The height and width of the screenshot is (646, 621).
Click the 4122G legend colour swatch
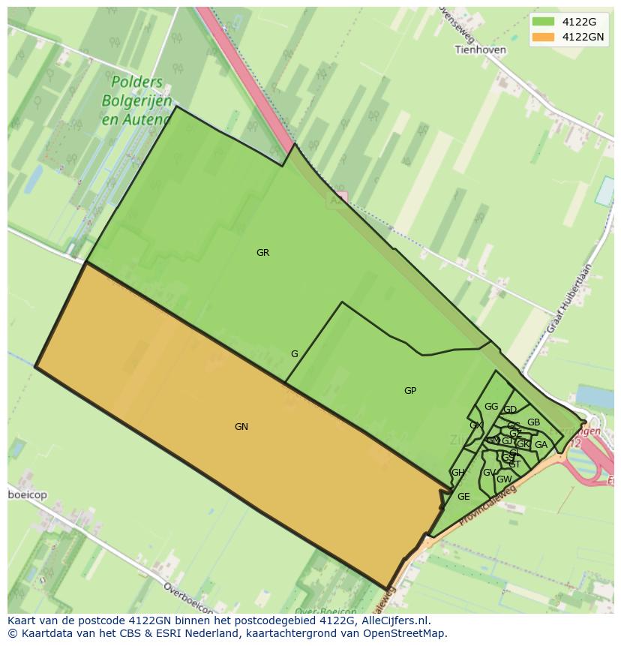coord(543,22)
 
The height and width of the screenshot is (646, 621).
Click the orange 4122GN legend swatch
coord(543,37)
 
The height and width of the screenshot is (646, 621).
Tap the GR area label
coord(262,253)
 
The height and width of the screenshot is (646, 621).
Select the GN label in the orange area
coord(241,427)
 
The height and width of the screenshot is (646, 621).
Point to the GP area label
coord(410,391)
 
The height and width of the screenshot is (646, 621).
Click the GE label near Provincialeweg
coord(463,497)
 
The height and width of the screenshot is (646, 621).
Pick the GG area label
coord(491,407)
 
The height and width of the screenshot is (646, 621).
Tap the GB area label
coord(533,422)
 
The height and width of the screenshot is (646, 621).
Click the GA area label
coord(541,445)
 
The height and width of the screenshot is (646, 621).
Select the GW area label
coord(504,479)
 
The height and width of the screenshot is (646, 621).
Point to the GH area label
coord(457,473)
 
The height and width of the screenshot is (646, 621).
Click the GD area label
coord(510,410)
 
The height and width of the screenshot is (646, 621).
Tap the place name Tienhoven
coord(480,50)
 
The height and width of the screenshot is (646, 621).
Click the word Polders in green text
coord(137,83)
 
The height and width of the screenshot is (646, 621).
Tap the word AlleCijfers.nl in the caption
coord(392,620)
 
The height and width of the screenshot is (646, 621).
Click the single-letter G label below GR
coord(295,354)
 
